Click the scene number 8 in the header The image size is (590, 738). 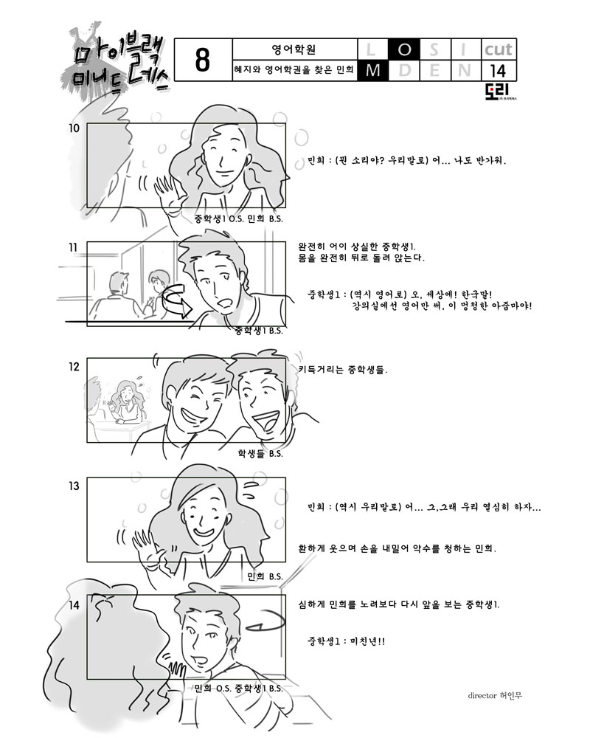pyautogui.click(x=202, y=61)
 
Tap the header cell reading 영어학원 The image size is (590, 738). pyautogui.click(x=294, y=49)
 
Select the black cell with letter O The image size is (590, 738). pyautogui.click(x=404, y=49)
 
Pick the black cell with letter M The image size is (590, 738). pyautogui.click(x=373, y=70)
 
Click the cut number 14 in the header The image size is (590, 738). pyautogui.click(x=498, y=71)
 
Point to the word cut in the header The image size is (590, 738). pyautogui.click(x=499, y=49)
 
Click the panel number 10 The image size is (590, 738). pyautogui.click(x=74, y=128)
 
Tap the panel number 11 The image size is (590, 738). pyautogui.click(x=73, y=247)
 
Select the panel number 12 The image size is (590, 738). pyautogui.click(x=74, y=367)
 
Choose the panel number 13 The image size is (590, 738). pyautogui.click(x=74, y=486)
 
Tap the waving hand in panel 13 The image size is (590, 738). pyautogui.click(x=147, y=548)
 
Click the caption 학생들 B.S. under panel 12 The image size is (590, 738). pyautogui.click(x=260, y=454)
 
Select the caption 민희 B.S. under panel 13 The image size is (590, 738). pyautogui.click(x=265, y=576)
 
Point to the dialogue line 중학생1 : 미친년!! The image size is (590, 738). pyautogui.click(x=347, y=641)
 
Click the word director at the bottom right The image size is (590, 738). pyautogui.click(x=482, y=696)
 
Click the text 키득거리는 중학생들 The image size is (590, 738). pyautogui.click(x=343, y=370)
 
